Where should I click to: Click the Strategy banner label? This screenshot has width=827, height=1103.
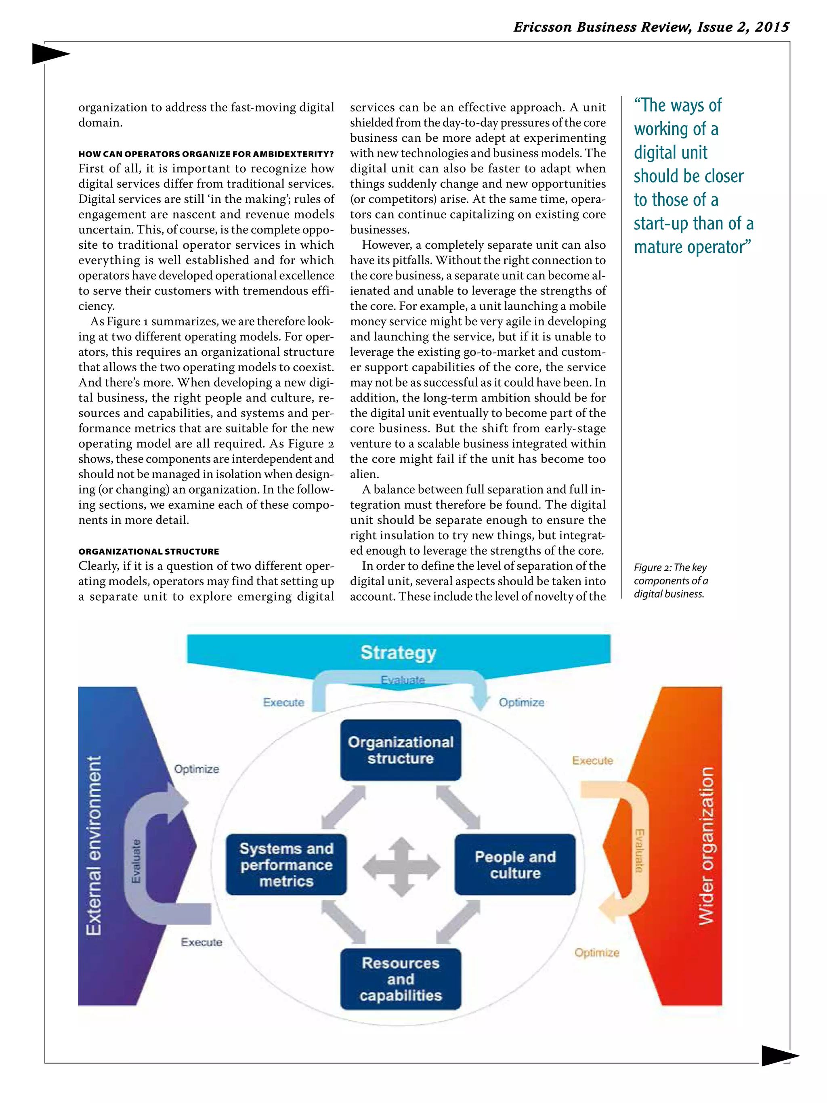pyautogui.click(x=398, y=652)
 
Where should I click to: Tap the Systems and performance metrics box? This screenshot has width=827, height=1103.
pyautogui.click(x=286, y=865)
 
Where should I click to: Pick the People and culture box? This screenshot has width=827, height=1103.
pyautogui.click(x=515, y=865)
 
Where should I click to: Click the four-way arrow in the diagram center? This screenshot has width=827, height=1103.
pyautogui.click(x=401, y=867)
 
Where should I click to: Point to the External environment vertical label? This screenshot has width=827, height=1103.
pyautogui.click(x=94, y=846)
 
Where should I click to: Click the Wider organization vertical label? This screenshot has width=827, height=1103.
pyautogui.click(x=706, y=846)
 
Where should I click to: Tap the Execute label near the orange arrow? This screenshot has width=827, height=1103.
pyautogui.click(x=592, y=761)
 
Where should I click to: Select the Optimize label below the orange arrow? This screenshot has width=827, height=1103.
pyautogui.click(x=597, y=952)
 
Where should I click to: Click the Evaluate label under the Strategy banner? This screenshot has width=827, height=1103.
pyautogui.click(x=403, y=680)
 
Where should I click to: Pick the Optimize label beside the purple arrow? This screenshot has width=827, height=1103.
pyautogui.click(x=196, y=769)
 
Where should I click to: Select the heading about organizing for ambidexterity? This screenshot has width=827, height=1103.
pyautogui.click(x=206, y=153)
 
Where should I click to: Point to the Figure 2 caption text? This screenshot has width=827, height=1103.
pyautogui.click(x=670, y=580)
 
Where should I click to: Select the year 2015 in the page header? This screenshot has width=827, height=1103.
pyautogui.click(x=772, y=27)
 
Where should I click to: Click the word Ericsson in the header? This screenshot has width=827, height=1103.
pyautogui.click(x=542, y=27)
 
